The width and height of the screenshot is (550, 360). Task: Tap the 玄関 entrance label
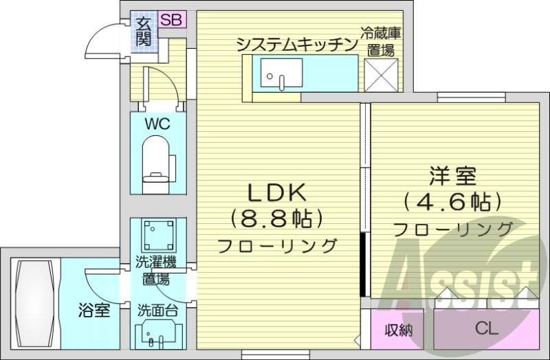(143, 32)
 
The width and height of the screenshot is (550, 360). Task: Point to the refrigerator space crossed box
(380, 76)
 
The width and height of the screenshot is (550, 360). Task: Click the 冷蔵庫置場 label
(379, 41)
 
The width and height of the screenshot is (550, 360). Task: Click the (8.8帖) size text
(276, 219)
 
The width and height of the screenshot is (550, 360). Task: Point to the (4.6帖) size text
(451, 203)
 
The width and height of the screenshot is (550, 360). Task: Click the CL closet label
(486, 330)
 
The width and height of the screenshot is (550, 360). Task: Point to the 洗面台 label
(158, 310)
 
